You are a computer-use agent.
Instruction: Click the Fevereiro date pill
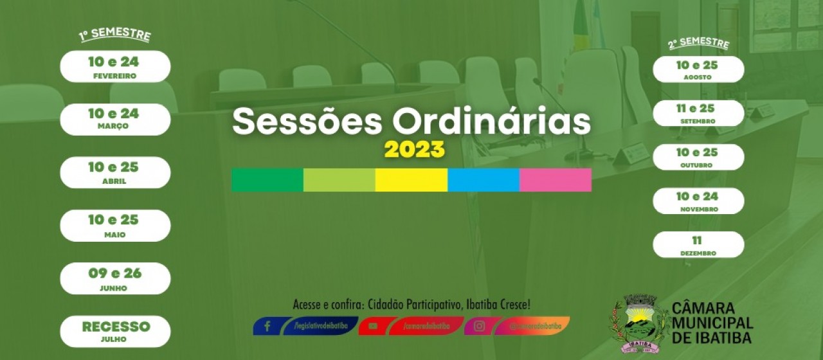[x=115, y=67]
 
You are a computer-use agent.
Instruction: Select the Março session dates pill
[x=115, y=119]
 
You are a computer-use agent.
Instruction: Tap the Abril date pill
[x=115, y=172]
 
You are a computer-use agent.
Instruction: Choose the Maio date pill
[x=115, y=226]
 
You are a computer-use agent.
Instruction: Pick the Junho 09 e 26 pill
[x=115, y=278]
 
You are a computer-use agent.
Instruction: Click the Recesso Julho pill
[x=115, y=331]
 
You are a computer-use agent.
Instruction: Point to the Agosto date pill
[x=698, y=69]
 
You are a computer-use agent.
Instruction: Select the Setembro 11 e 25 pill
[x=698, y=113]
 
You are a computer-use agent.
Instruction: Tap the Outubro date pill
[x=698, y=157]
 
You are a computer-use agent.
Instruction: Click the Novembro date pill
[x=698, y=201]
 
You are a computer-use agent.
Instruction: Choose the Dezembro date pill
[x=698, y=245]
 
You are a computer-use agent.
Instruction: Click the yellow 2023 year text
[x=414, y=150]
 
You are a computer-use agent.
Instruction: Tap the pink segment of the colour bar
[x=555, y=180]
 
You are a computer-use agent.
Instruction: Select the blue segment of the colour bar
[x=483, y=180]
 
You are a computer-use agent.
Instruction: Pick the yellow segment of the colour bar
[x=411, y=180]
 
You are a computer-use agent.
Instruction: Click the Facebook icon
[x=267, y=326]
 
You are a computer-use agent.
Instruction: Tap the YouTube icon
[x=373, y=326]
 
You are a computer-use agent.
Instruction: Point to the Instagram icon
[x=479, y=326]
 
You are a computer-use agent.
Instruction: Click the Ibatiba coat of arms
[x=638, y=324]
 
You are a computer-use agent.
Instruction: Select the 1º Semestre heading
[x=115, y=35]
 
